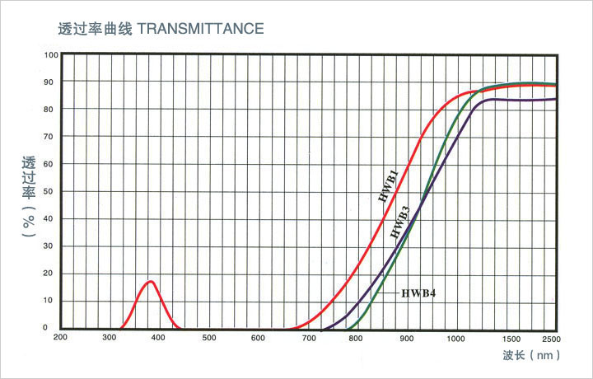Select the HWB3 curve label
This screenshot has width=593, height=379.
[x=400, y=224]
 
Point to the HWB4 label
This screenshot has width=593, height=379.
[x=418, y=293]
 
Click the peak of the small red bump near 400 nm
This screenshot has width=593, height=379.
[x=151, y=282]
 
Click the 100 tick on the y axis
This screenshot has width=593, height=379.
[x=52, y=55]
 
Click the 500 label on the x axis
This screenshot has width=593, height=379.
[x=208, y=338]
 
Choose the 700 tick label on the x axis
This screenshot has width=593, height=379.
[x=308, y=338]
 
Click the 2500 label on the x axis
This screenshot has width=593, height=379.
[x=552, y=338]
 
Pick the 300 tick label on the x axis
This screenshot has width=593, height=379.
[x=110, y=338]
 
